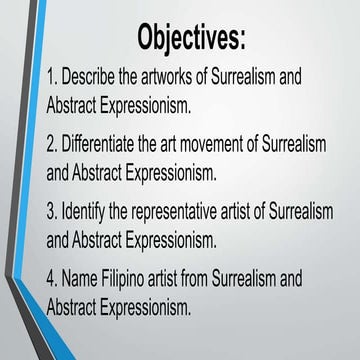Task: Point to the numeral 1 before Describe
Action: [x=52, y=77]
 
